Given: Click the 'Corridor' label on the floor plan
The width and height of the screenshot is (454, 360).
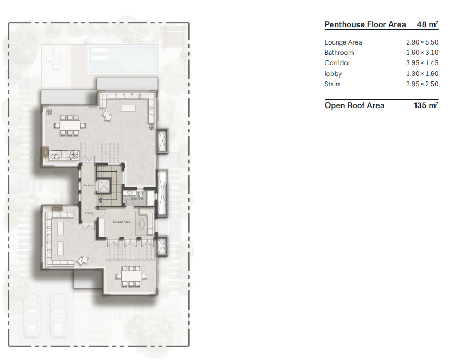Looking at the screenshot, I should tap(89, 185).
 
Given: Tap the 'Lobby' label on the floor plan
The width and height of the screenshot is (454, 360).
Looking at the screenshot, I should tap(89, 213).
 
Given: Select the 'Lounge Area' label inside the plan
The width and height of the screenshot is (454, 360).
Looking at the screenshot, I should tap(121, 222).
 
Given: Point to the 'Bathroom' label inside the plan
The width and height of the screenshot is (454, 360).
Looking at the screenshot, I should tap(138, 198).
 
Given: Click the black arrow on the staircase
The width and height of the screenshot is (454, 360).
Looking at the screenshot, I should tap(100, 199).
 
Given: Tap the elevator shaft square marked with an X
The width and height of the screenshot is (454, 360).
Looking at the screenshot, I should tap(103, 185).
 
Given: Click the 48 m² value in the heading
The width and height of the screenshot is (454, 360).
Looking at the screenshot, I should tap(427, 24).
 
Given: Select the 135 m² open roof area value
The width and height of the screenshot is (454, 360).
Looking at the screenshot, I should tap(426, 105).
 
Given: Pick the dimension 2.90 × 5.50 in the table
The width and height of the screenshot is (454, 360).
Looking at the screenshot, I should tap(422, 42).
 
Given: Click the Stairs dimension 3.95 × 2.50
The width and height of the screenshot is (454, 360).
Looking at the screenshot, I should tap(422, 84).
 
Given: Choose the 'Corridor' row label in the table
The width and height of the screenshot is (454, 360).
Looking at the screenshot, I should tap(337, 63).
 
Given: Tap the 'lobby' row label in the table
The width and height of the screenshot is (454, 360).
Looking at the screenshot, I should tap(333, 74).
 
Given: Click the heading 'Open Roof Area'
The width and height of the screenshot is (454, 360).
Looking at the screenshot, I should tap(354, 105).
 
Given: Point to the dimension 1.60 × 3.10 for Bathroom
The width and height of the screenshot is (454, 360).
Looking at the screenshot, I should tap(422, 53).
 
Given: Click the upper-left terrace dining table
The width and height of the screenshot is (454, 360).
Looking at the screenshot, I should tap(69, 124).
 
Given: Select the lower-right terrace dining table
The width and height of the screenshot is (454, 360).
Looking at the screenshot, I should tap(131, 276).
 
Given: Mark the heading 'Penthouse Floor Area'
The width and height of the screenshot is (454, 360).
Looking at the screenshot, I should tap(365, 24).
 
